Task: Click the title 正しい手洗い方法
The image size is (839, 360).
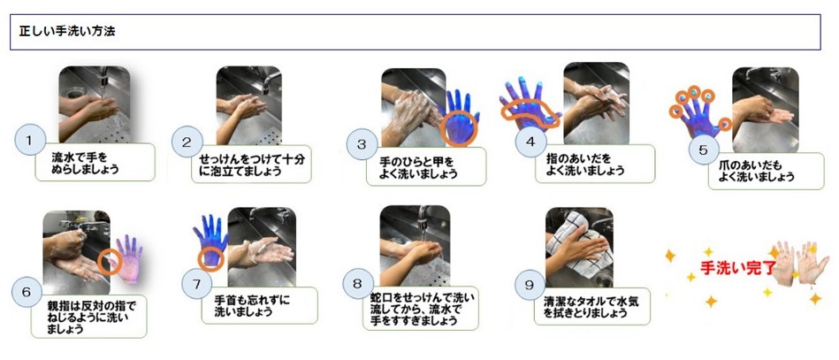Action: (x=67, y=32)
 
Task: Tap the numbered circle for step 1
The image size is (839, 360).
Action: (x=30, y=142)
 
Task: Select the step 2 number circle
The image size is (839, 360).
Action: (x=187, y=142)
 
